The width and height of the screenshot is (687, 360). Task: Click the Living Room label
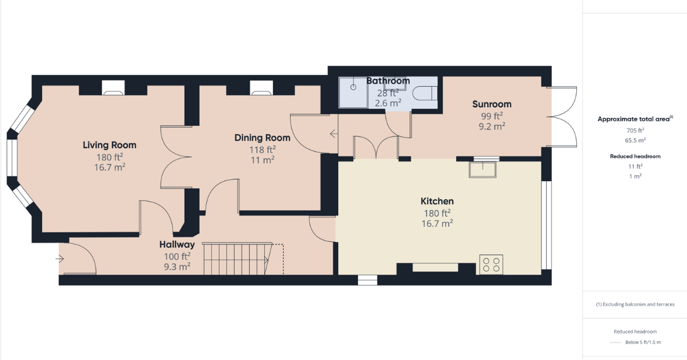109,145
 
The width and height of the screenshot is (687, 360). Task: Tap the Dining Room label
262,138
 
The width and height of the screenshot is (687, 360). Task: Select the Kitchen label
437,201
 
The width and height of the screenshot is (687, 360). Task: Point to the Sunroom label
491,104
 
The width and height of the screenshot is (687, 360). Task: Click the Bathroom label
388,81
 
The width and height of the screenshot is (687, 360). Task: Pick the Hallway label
177,244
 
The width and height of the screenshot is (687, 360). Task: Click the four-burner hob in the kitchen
491,264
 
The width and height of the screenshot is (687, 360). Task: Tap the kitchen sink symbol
483,170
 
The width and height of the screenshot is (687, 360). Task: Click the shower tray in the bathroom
353,92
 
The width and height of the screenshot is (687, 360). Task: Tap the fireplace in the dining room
262,88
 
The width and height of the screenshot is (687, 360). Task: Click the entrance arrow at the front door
60,259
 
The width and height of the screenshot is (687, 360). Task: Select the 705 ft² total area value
635,130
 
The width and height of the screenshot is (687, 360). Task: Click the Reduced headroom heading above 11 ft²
635,156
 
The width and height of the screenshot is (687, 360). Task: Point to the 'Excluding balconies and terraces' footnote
635,304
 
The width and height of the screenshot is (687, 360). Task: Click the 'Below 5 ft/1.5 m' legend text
643,343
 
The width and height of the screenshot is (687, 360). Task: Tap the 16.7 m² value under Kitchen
437,223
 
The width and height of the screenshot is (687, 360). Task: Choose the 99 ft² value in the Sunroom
491,116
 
